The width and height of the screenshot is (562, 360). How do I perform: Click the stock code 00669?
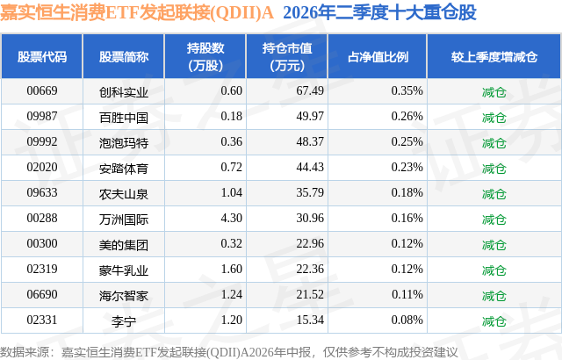coord(42,90)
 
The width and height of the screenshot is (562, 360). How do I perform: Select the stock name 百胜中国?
coord(124,118)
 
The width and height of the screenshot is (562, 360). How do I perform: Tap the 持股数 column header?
coord(205,56)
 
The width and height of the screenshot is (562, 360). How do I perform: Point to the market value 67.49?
coord(310,90)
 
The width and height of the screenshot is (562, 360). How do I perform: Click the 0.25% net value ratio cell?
coord(407,141)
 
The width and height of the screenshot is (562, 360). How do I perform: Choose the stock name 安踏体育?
coord(124,169)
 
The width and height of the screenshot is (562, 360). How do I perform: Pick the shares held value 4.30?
coord(232,218)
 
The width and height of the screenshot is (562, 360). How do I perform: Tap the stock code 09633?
coord(42,192)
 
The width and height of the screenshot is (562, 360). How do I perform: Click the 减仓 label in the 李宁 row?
coord(494,321)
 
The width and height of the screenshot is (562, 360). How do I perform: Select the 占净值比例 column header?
coord(378,56)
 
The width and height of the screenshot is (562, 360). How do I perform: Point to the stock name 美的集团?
coord(124,245)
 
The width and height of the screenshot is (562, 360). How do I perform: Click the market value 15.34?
coord(310,320)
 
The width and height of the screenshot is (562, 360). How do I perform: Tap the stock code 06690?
coord(42,294)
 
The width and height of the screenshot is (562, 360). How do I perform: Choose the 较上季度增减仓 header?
coord(494,56)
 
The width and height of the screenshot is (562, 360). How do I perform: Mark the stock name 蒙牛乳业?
coord(124,270)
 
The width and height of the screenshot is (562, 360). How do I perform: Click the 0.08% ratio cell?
coord(407,320)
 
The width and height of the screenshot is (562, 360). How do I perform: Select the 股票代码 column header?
coord(42,56)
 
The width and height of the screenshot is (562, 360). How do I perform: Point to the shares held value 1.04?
coord(232,192)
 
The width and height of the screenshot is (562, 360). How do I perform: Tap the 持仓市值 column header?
coord(287,56)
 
